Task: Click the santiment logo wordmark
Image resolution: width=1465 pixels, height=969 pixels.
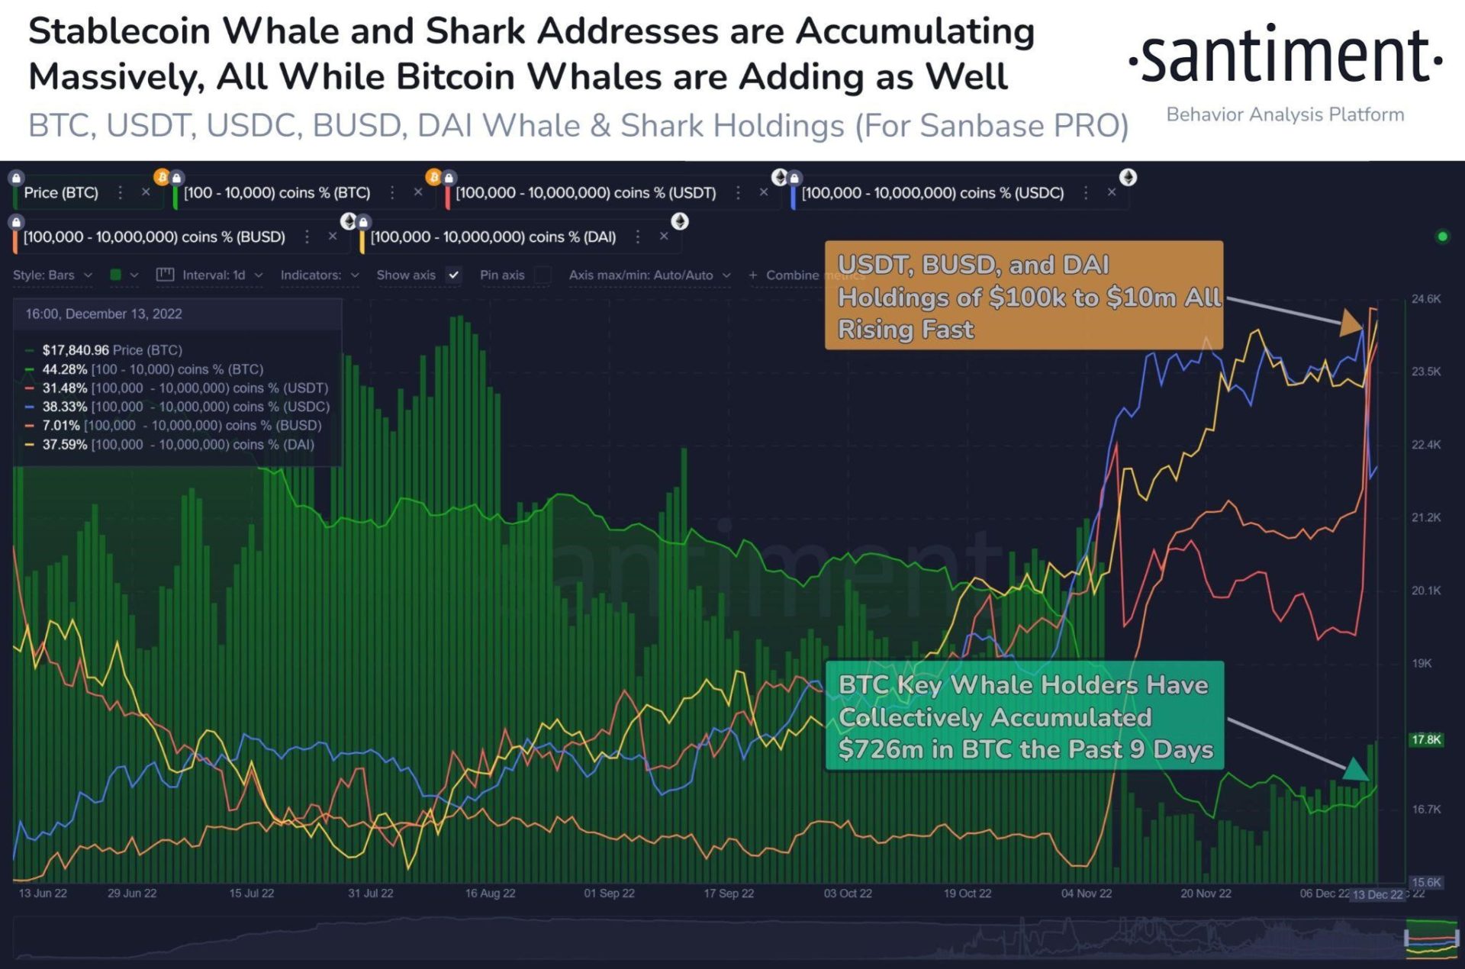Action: click(x=1285, y=56)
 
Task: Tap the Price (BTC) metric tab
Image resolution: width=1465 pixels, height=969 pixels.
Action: click(x=61, y=193)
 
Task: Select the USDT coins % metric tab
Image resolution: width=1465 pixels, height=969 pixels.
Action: click(x=585, y=193)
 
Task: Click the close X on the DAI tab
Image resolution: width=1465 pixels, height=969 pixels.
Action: click(x=664, y=237)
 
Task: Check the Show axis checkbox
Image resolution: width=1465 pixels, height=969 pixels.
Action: click(x=454, y=275)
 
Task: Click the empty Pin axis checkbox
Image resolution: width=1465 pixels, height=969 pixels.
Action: click(x=543, y=275)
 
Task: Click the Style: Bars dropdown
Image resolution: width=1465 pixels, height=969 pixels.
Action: click(x=52, y=275)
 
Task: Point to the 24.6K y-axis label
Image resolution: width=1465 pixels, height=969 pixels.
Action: click(x=1425, y=299)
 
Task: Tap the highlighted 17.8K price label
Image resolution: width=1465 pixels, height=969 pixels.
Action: click(x=1425, y=739)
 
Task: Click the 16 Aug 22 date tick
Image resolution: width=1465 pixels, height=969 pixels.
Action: click(x=490, y=893)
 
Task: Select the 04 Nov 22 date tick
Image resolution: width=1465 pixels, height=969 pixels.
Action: click(x=1086, y=893)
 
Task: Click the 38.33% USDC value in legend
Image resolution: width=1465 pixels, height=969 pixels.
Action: click(x=64, y=407)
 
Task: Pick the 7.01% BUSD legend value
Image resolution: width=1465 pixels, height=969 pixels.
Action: click(x=61, y=426)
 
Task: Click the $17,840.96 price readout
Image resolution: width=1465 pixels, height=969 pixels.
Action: click(x=76, y=350)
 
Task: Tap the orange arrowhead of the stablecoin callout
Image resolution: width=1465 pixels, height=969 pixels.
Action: click(x=1351, y=323)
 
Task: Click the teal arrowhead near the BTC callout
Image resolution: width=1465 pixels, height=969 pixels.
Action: click(x=1354, y=769)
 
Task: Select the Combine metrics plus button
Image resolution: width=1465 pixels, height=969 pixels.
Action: click(x=753, y=275)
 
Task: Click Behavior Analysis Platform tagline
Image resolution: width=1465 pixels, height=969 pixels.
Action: click(x=1285, y=114)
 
